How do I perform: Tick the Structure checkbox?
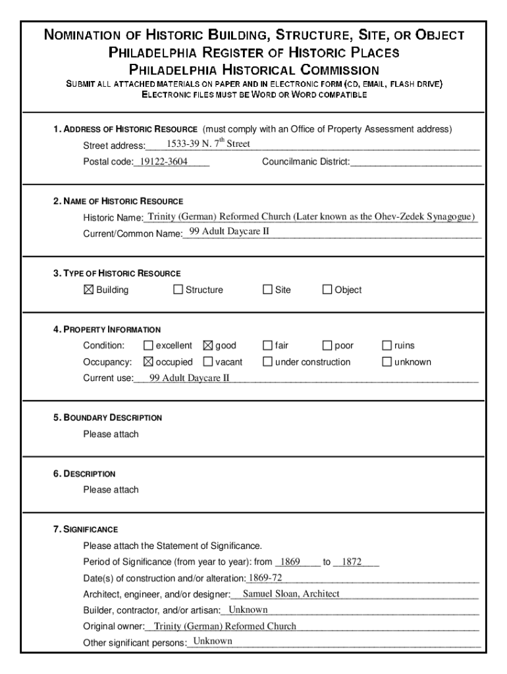[x=178, y=290]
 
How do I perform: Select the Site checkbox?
[x=267, y=290]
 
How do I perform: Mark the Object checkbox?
[x=327, y=290]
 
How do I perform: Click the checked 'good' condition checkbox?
[x=208, y=346]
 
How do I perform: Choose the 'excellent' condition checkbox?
[x=148, y=346]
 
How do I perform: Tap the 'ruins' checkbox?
[x=387, y=346]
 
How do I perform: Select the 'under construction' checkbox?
[x=267, y=362]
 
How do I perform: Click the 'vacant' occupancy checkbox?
[x=208, y=362]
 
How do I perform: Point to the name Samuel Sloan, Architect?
[x=291, y=594]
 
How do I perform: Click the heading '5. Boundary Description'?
[x=108, y=417]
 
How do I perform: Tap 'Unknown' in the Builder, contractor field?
[x=248, y=609]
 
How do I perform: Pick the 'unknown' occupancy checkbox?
[x=387, y=362]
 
